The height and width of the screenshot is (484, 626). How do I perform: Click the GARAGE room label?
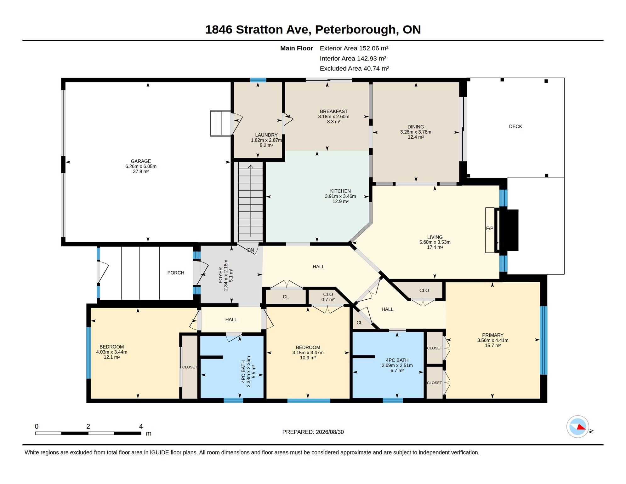coord(141,161)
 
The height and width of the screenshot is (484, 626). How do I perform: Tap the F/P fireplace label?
coord(489,228)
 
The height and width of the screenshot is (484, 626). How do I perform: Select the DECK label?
coord(515,126)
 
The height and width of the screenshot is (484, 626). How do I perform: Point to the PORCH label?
coord(176,273)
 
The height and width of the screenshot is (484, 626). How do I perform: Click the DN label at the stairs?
coord(251,250)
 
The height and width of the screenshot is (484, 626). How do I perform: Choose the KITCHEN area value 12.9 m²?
coord(340,201)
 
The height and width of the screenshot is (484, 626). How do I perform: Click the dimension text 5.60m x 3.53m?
coord(435,242)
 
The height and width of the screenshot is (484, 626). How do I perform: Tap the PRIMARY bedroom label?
coord(493,335)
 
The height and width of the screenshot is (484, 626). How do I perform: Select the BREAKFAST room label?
coord(334,112)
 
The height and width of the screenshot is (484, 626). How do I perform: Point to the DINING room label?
coord(416,127)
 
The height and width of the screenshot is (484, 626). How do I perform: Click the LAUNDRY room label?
coord(266,135)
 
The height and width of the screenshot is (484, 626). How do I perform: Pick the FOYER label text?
coord(221,275)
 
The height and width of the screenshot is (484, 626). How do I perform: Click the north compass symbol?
coord(578,427)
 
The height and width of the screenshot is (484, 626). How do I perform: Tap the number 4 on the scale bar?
coord(141,426)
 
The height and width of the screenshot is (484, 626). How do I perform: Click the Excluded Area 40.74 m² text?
coord(354,69)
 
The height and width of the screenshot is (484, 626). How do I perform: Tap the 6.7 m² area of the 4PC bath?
coord(397,371)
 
